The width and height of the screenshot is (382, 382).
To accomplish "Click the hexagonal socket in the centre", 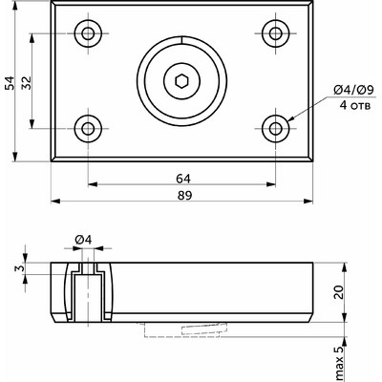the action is coord(181,81).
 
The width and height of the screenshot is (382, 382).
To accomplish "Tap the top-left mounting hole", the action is coord(88,33).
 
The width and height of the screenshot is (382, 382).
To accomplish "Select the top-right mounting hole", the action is coord(276,33).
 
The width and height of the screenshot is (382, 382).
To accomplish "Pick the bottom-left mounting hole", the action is coord(88,129).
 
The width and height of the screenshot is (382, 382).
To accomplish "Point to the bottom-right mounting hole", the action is coord(276,129).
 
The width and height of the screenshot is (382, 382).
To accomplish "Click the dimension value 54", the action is coord(11,83).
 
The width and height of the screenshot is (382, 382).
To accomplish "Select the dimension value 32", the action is coord(27,83).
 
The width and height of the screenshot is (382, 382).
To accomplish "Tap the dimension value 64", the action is coord(183,179).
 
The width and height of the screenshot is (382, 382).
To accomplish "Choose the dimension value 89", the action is coord(185,196).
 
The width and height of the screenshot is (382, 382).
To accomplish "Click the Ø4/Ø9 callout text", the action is coord(353,91).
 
